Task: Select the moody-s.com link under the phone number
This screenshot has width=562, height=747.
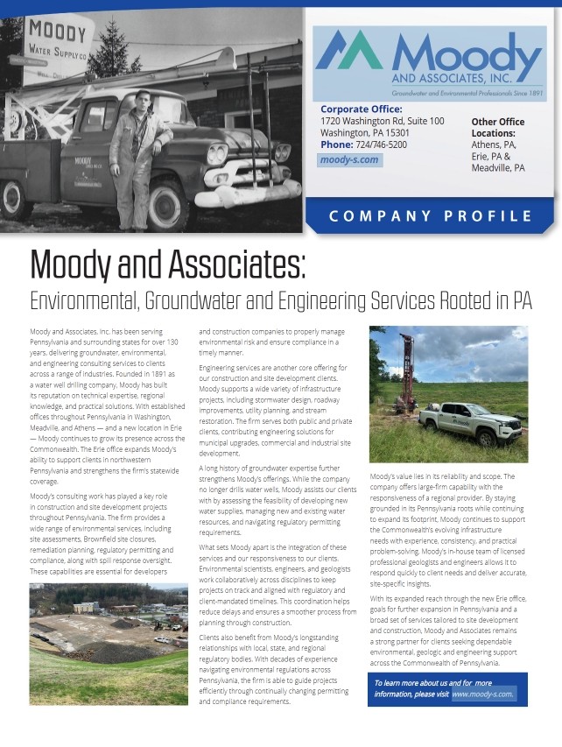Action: click(x=349, y=160)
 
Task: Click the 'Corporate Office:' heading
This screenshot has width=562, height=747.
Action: click(x=362, y=109)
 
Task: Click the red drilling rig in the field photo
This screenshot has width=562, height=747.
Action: click(x=407, y=372)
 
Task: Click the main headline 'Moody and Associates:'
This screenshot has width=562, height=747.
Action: click(x=167, y=264)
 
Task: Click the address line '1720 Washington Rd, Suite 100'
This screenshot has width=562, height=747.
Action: click(x=383, y=121)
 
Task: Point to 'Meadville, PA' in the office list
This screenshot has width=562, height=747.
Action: click(x=498, y=167)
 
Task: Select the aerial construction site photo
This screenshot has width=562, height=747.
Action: click(x=109, y=643)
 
